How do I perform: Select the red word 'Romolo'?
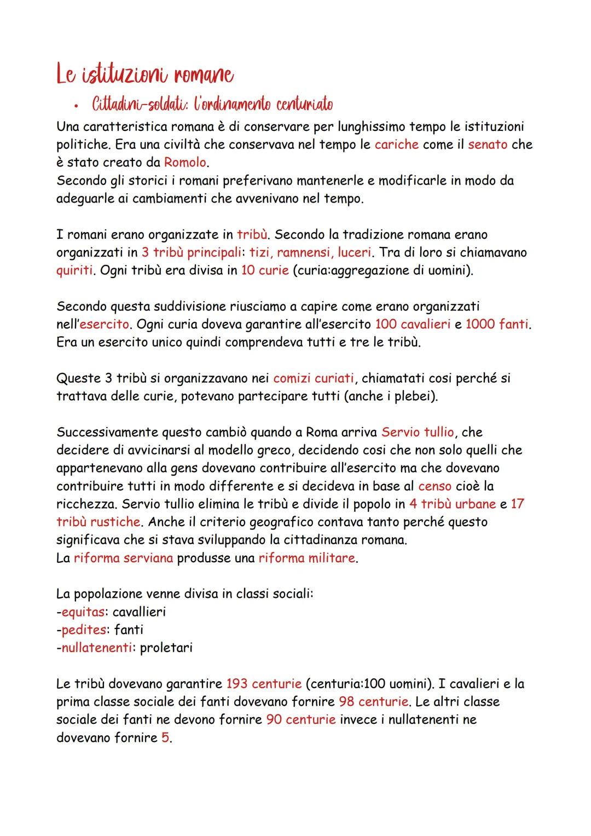(x=186, y=163)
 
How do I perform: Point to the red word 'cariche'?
(x=397, y=145)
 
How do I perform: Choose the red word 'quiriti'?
(x=74, y=270)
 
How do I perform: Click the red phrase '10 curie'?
(x=264, y=270)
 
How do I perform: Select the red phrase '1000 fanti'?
(x=497, y=324)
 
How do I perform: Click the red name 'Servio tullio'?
(x=418, y=432)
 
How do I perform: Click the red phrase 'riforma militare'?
(x=307, y=558)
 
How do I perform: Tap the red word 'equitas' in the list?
(x=83, y=612)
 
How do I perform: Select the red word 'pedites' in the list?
(x=84, y=630)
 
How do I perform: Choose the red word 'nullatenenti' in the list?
(x=96, y=648)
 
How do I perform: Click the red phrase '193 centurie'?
(x=264, y=683)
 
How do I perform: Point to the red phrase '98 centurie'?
(x=373, y=701)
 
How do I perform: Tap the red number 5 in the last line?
(x=165, y=737)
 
